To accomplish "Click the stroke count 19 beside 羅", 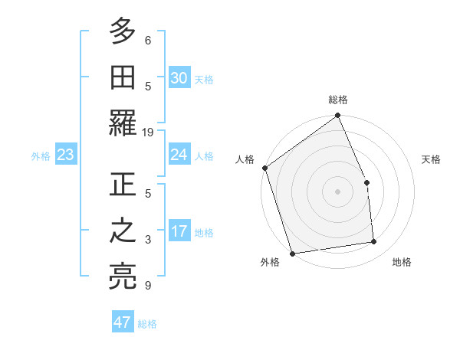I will (x=148, y=133).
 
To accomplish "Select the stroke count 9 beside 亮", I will (x=148, y=286).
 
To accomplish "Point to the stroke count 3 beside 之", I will (x=148, y=240).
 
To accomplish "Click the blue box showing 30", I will (x=179, y=78).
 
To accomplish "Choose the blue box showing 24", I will (x=179, y=155).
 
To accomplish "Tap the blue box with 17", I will (x=179, y=231).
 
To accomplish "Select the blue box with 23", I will (x=66, y=155).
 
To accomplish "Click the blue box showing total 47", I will (x=123, y=322).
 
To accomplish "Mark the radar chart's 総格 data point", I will (x=338, y=116).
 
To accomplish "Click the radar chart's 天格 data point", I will (x=366, y=182).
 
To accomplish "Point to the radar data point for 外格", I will (x=292, y=253).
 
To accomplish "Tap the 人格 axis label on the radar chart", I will (x=245, y=159).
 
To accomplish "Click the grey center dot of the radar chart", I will (x=338, y=191).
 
